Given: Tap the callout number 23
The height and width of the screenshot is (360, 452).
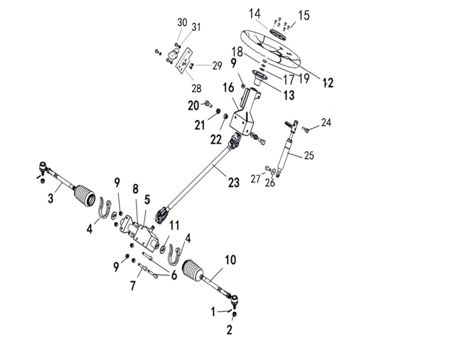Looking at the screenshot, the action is pyautogui.click(x=234, y=182).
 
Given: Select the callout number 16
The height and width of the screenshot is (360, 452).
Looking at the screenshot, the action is pyautogui.click(x=229, y=87).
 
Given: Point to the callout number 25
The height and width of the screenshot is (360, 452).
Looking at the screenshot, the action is pyautogui.click(x=309, y=156).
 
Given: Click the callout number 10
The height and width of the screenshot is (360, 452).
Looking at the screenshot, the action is pyautogui.click(x=230, y=260).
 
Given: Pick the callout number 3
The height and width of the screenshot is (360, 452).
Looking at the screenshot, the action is pyautogui.click(x=50, y=198).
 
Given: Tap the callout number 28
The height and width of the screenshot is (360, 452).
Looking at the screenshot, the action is pyautogui.click(x=196, y=88).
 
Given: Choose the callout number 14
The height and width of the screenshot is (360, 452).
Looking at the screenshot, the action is pyautogui.click(x=255, y=14).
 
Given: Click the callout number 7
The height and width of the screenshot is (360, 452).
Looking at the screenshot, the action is pyautogui.click(x=132, y=286).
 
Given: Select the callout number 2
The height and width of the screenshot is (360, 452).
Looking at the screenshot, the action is pyautogui.click(x=229, y=330).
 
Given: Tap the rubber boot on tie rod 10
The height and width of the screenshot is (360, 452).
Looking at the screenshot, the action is pyautogui.click(x=193, y=270).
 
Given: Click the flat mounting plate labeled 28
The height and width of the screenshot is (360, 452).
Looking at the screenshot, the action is pyautogui.click(x=184, y=61).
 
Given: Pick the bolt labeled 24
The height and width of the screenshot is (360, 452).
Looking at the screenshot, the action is pyautogui.click(x=305, y=129).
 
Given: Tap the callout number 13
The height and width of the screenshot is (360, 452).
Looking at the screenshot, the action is pyautogui.click(x=288, y=95).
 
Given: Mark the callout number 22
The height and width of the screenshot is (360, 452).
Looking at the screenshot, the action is pyautogui.click(x=215, y=140).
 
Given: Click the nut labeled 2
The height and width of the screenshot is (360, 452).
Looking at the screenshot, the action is pyautogui.click(x=234, y=315).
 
